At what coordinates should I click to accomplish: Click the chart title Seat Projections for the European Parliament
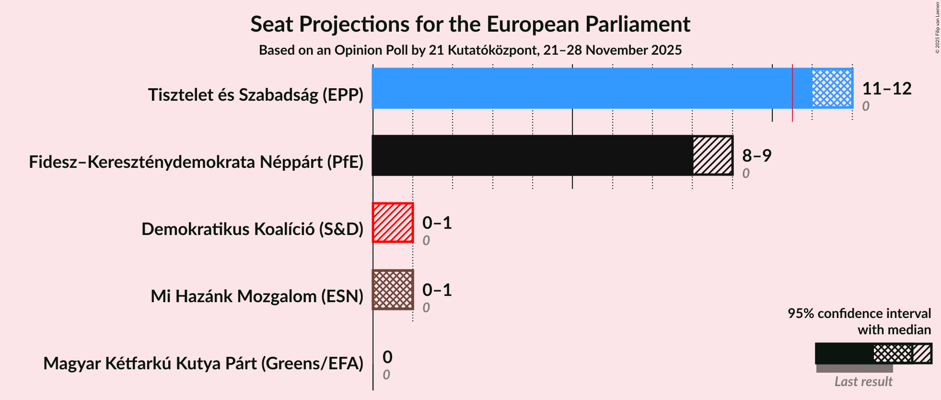470,24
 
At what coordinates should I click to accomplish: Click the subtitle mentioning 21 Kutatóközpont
470,50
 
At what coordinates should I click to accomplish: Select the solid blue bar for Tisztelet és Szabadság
580,88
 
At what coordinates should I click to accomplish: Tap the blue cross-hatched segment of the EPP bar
832,88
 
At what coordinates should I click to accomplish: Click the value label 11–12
886,89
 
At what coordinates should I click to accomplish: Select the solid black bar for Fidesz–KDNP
532,155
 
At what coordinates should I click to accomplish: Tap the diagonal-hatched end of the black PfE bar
713,155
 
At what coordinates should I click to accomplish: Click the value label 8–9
756,156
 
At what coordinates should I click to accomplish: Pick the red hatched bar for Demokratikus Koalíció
393,223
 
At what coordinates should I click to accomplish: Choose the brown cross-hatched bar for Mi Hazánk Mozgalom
393,290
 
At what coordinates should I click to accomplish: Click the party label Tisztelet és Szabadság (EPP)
256,95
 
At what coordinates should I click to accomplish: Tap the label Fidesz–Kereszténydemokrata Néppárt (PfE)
196,162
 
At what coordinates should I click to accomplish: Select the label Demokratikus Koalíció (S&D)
252,229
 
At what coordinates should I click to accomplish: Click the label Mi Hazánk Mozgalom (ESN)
257,296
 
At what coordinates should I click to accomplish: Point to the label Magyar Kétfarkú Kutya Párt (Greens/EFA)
203,364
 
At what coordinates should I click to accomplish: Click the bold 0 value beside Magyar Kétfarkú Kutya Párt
387,357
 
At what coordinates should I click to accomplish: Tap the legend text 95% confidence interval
859,314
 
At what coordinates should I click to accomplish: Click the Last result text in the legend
863,382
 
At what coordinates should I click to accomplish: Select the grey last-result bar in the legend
854,368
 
